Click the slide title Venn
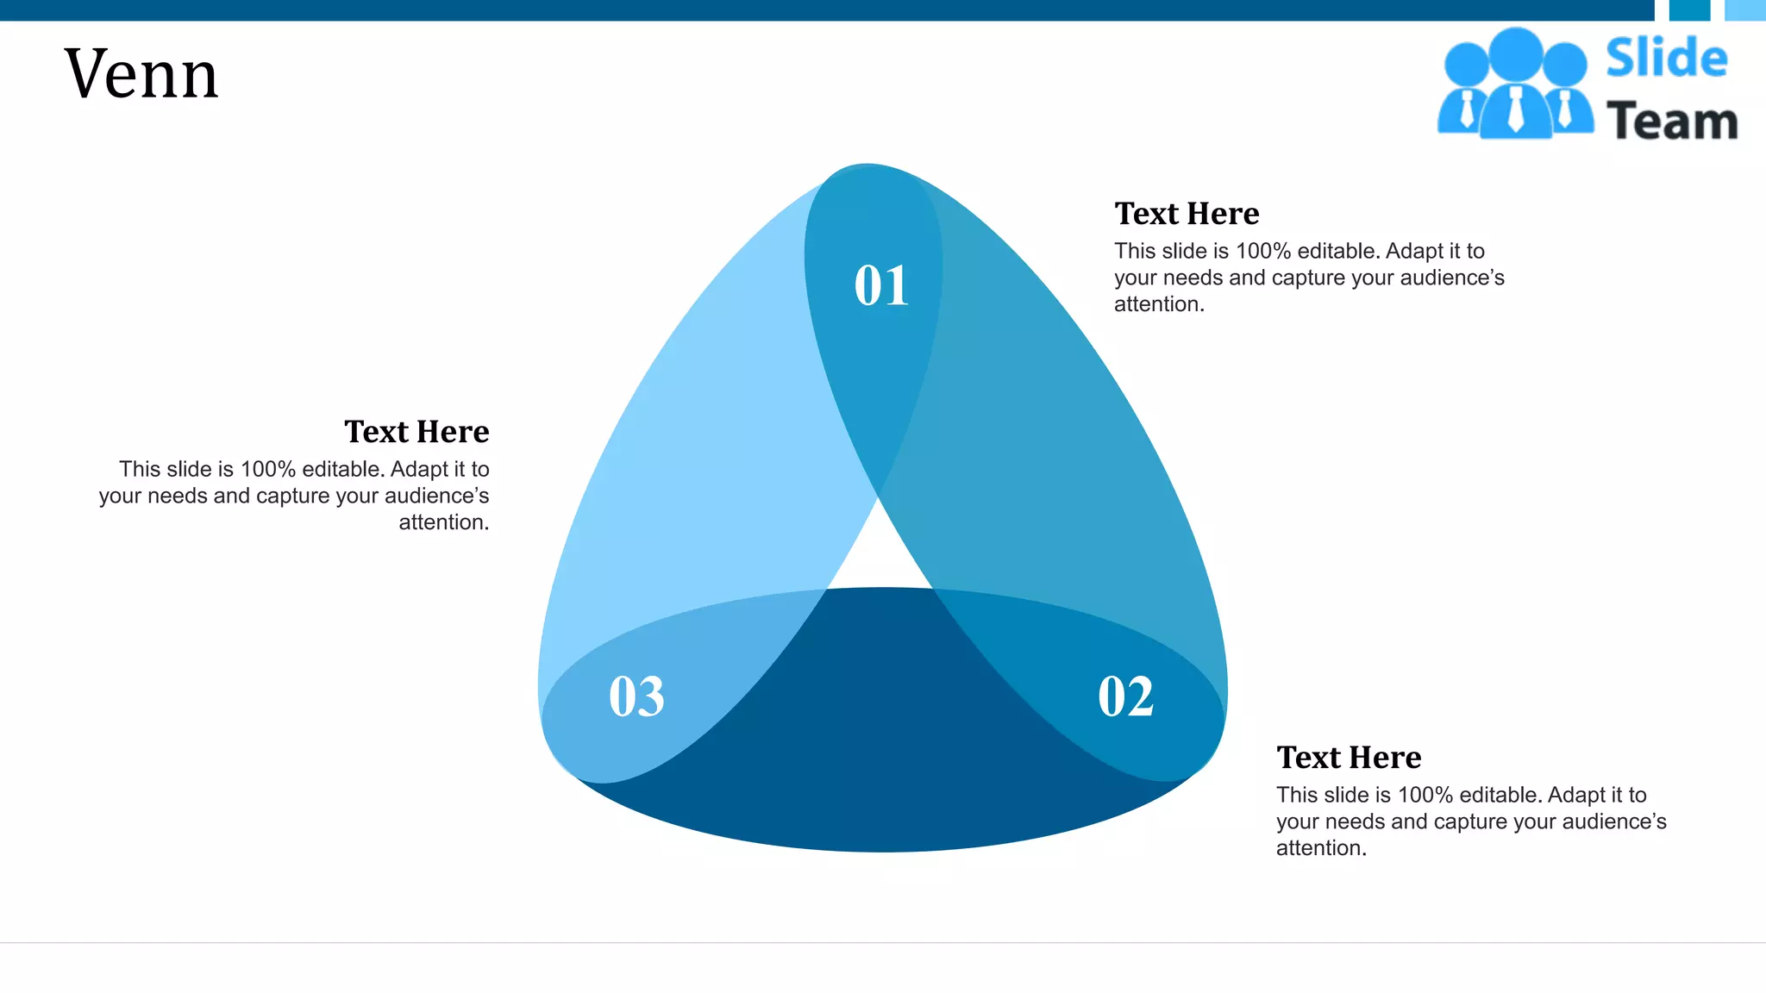pos(141,74)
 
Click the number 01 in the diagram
pos(881,285)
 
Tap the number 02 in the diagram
pos(1125,696)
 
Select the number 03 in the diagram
pos(636,696)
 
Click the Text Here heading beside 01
pos(1187,214)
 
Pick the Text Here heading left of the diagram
pos(416,432)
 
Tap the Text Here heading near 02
pos(1349,758)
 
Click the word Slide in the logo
pos(1666,59)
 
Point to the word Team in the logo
pos(1672,122)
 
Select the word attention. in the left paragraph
pos(443,522)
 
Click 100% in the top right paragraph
pos(1263,252)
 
